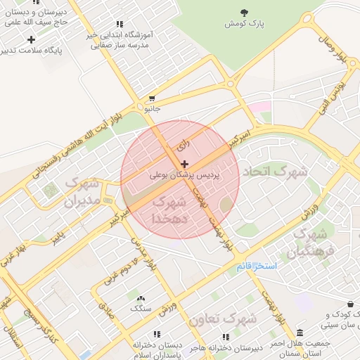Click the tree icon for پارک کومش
[x=244, y=12]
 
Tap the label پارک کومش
[x=244, y=24]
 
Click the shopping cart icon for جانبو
[x=152, y=98]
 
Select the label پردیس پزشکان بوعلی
[x=185, y=174]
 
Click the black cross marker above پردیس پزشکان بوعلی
[x=185, y=163]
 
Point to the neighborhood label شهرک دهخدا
[x=169, y=210]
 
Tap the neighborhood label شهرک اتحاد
[x=275, y=172]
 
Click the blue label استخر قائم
[x=258, y=266]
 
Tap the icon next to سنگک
[x=139, y=298]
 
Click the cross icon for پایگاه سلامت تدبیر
[x=31, y=39]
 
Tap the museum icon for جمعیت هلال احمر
[x=300, y=333]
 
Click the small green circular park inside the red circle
[x=225, y=205]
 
